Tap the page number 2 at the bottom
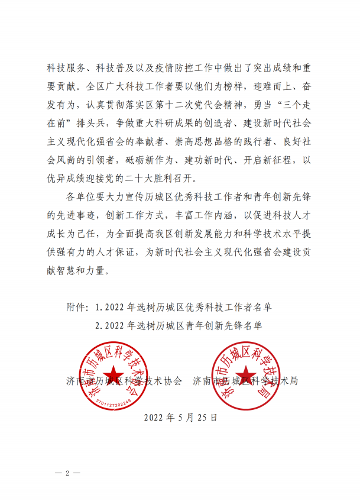coord(68,473)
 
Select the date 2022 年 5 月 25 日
coord(180,417)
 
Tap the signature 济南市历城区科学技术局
coord(246,381)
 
